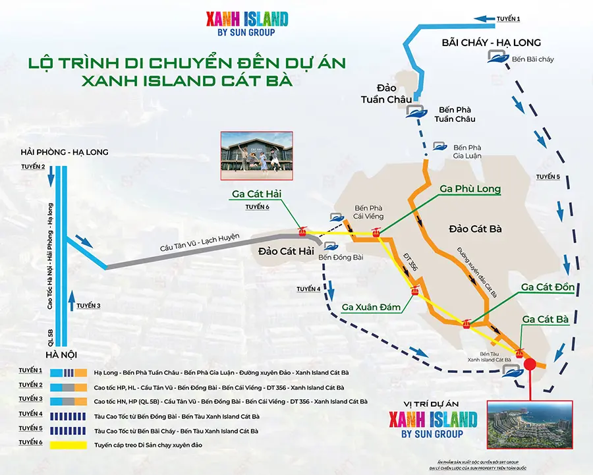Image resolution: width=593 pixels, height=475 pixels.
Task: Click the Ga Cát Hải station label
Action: [258, 194]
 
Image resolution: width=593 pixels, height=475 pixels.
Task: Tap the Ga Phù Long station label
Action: [470, 189]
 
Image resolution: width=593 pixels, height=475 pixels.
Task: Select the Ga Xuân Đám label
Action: [370, 306]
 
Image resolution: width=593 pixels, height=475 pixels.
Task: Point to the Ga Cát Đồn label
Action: [548, 287]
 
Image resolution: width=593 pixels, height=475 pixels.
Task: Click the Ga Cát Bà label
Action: [545, 319]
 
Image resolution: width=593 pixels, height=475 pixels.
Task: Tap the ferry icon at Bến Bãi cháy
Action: [497, 58]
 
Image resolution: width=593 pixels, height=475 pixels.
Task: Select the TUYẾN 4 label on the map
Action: [308, 289]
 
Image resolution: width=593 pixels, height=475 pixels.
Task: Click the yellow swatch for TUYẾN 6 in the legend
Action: [69, 445]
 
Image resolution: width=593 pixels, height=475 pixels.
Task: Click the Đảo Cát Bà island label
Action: [475, 229]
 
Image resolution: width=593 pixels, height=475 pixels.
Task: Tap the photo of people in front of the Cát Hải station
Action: [256, 155]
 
